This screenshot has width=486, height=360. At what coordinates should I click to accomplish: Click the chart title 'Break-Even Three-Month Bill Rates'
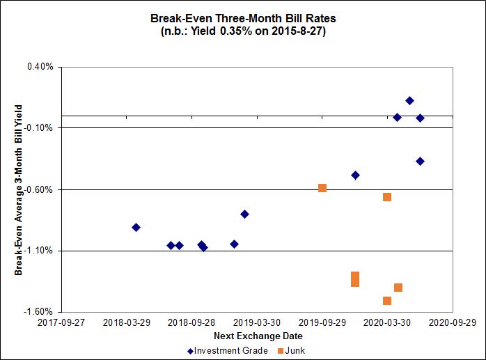tap(242, 18)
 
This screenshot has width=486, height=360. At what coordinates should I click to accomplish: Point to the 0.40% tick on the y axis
tap(40, 67)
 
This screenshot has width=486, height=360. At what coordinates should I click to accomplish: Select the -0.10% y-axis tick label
tap(39, 128)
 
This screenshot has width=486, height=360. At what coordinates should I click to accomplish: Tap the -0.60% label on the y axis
tap(39, 189)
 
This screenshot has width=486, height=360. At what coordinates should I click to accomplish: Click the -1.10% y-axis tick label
tap(39, 251)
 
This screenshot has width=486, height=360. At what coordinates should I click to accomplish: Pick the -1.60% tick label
tap(39, 312)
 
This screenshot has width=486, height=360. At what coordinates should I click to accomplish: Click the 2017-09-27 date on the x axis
tap(61, 323)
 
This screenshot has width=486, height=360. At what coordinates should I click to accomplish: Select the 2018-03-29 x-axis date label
tap(127, 323)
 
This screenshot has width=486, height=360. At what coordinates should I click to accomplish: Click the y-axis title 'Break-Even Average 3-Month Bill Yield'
tap(19, 189)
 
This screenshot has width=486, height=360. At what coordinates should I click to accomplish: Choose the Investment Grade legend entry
tap(228, 350)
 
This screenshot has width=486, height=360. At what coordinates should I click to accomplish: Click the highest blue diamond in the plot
tap(409, 101)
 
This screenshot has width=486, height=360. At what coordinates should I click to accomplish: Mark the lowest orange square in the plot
tap(387, 301)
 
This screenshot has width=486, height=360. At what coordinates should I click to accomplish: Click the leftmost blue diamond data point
tap(136, 228)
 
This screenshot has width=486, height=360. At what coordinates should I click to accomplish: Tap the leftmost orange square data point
tap(322, 188)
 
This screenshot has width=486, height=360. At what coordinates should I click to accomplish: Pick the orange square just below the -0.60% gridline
tap(387, 197)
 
